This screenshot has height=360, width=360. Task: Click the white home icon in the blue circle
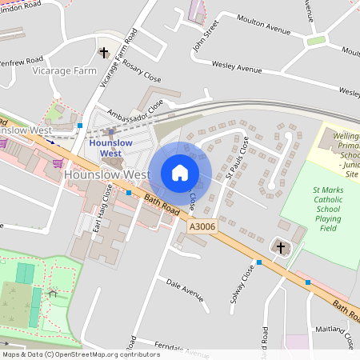point(180,173)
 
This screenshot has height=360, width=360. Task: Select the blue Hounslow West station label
point(110,147)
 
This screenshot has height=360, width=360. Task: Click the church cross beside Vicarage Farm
point(103,53)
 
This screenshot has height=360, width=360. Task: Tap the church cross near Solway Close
point(280,248)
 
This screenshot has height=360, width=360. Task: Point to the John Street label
point(205,36)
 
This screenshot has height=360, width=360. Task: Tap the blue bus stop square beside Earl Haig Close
point(129,192)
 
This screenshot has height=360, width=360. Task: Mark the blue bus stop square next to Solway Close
point(258,262)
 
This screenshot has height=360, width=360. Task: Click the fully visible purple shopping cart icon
point(57,163)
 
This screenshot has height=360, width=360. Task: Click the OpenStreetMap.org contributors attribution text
point(108,354)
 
